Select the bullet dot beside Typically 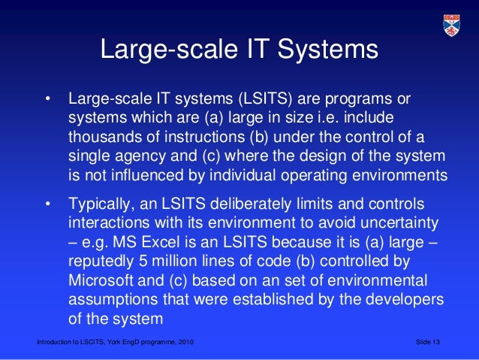(48, 204)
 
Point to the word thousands (104, 138)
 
